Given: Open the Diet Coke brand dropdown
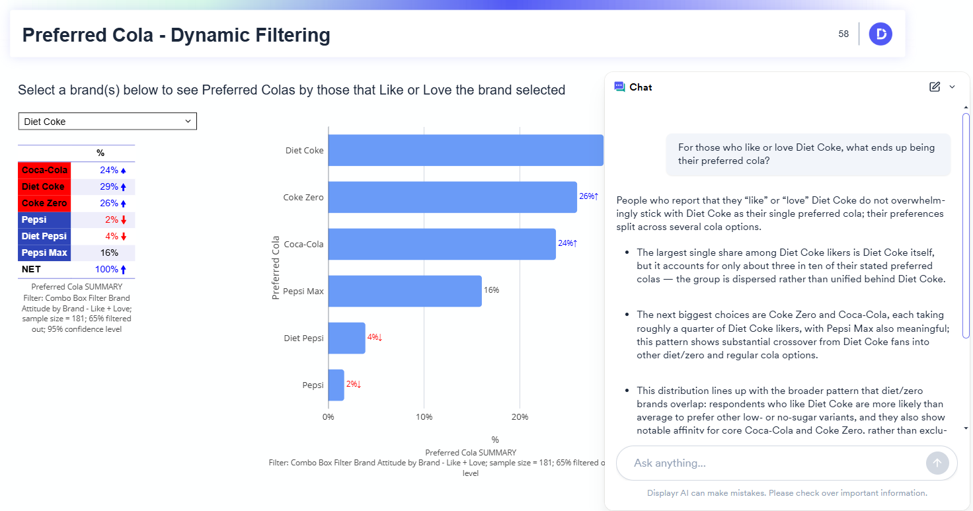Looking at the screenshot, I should point(107,122).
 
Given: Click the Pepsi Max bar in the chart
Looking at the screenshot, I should point(405,291).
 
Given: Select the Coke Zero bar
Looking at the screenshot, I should point(452,197).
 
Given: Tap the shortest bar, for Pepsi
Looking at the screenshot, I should point(336,385).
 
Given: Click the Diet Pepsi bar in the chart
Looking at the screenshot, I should point(346,338).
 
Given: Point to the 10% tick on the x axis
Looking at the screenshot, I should point(424,417).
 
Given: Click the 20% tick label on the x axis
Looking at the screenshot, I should point(520,417).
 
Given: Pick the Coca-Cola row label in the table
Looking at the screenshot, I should point(44,170).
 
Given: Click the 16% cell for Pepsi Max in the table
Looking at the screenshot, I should point(109,253).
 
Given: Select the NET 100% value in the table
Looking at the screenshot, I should point(109,269).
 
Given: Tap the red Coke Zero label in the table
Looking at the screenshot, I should point(44,203).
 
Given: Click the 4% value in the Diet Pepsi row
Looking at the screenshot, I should point(111,236).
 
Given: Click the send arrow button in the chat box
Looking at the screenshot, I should point(937,463).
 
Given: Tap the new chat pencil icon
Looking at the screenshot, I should point(934,87).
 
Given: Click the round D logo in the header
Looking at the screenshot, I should point(880,34).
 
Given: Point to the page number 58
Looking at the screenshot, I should point(843,34).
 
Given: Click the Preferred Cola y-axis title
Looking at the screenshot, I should point(276,268).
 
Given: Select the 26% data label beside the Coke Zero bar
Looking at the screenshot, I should point(588,196).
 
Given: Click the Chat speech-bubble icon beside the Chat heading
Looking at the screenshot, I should point(619,87).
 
